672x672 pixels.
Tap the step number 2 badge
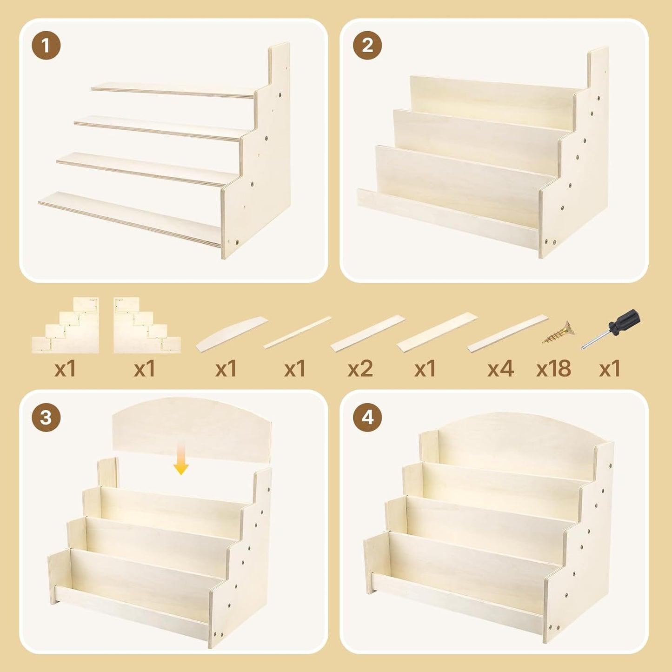367,46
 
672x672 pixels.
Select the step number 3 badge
46,417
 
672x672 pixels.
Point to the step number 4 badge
367,417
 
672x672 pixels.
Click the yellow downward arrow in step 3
181,459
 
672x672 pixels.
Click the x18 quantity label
553,369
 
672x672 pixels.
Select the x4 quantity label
500,369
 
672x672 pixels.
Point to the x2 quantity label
360,369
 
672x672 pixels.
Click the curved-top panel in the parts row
232,334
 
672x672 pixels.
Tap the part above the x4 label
508,333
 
